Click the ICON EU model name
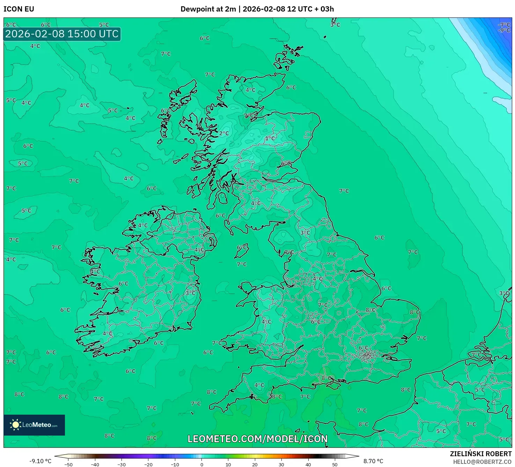(x=19, y=9)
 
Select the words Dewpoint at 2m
(x=208, y=9)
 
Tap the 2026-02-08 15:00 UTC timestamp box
(x=62, y=34)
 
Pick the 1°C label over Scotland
(x=270, y=139)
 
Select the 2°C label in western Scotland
(x=224, y=133)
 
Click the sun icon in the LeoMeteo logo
(x=15, y=425)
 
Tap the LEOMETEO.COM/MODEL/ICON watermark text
(x=257, y=439)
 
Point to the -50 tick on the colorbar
(x=68, y=464)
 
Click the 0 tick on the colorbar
(x=202, y=464)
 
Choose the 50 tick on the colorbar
(x=335, y=464)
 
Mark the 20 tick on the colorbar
(x=255, y=464)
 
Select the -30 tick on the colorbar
(x=122, y=464)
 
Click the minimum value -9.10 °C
(x=40, y=461)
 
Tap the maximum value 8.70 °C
(x=373, y=461)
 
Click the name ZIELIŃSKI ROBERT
(x=480, y=454)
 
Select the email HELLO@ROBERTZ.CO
(x=482, y=462)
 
